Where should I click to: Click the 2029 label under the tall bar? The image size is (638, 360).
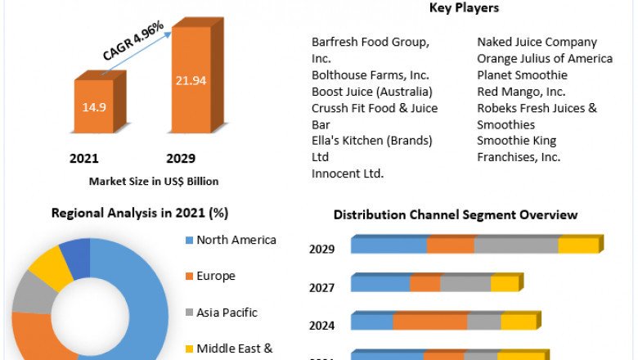[181, 158]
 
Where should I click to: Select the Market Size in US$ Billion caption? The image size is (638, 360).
[154, 182]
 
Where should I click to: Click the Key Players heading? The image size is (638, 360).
[464, 8]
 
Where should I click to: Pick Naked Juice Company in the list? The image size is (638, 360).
[537, 42]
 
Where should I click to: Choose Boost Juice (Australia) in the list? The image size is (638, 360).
[371, 92]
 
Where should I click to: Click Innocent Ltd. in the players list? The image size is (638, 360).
[348, 173]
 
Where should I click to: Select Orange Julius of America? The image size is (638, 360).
[545, 59]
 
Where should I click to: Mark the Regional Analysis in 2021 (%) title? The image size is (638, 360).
[140, 214]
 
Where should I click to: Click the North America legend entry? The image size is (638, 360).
[236, 241]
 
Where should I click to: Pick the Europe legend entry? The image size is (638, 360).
[215, 277]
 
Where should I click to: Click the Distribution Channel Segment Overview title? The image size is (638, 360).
[456, 215]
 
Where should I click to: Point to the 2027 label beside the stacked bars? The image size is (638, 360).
[321, 287]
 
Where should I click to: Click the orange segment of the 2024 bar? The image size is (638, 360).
[430, 322]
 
